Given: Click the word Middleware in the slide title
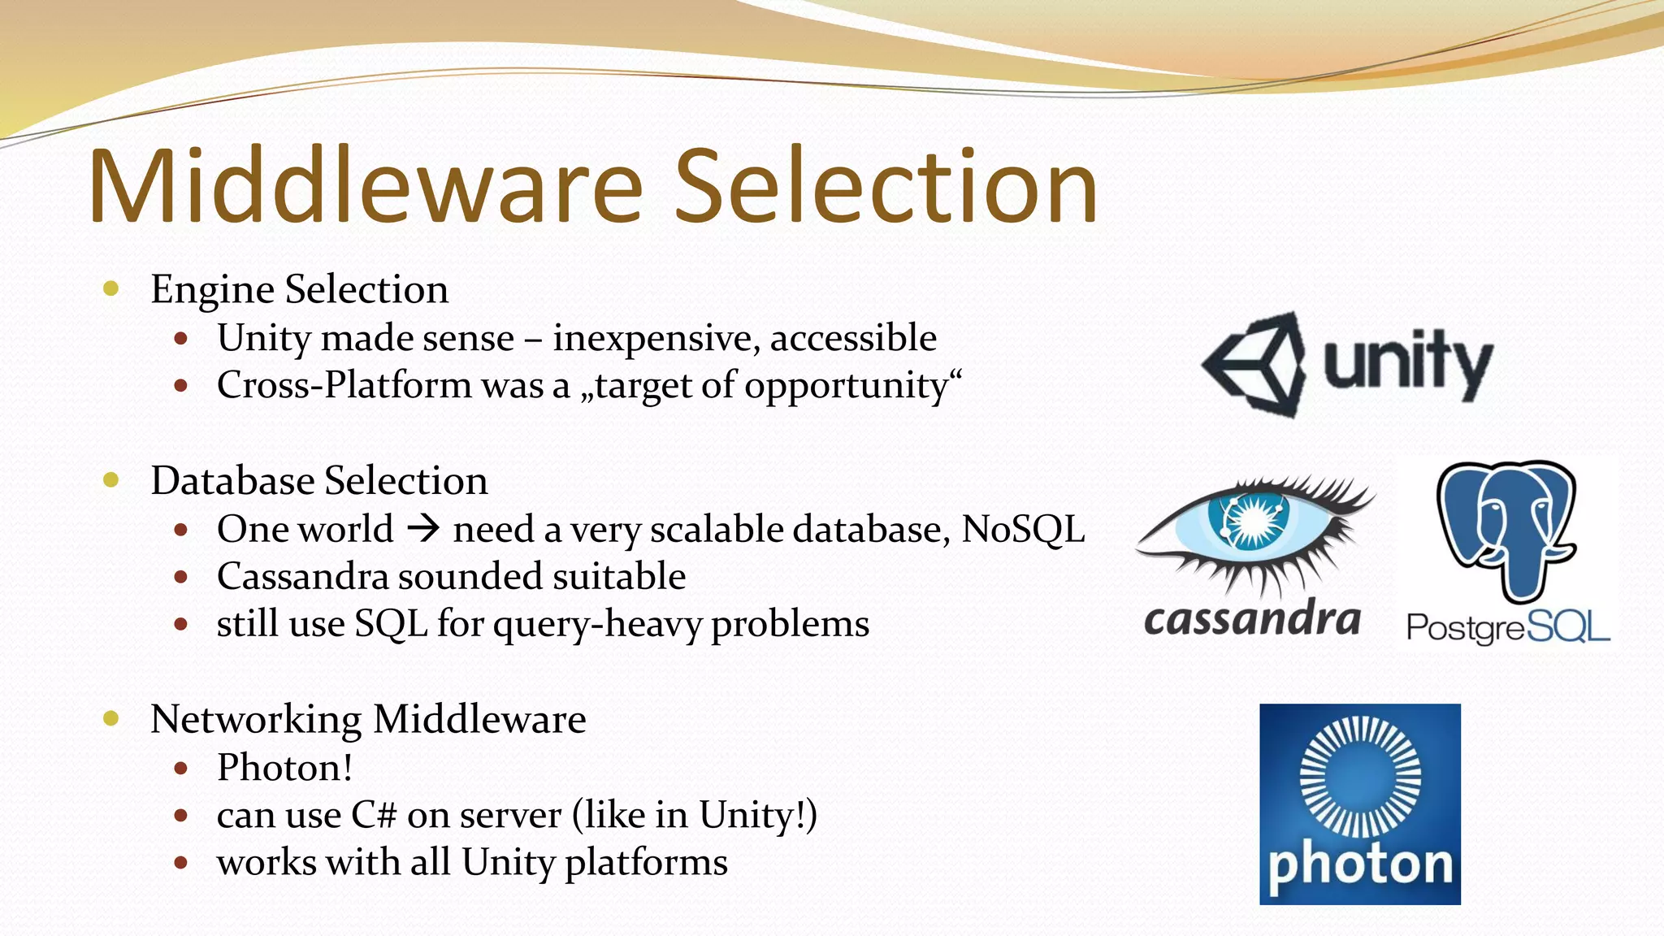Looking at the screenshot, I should (366, 186).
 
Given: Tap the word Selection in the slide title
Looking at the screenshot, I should (886, 186).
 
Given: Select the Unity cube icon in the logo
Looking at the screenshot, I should (1256, 364).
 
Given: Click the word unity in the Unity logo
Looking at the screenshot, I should (1408, 364).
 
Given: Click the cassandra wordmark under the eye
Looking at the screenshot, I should (1252, 621).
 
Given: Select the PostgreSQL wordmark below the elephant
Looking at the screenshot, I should (1507, 627).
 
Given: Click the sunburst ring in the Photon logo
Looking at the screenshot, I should (1360, 777).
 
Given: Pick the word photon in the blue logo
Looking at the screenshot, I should (1360, 864).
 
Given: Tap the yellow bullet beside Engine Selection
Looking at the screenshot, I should (112, 288).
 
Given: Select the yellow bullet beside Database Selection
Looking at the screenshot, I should (112, 480).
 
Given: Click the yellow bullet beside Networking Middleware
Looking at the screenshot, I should (112, 718).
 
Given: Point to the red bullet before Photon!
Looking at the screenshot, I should (181, 768).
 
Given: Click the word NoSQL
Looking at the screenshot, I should (1023, 530).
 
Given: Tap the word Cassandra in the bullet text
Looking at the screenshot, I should (302, 577).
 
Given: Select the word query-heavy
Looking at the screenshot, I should (597, 625).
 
